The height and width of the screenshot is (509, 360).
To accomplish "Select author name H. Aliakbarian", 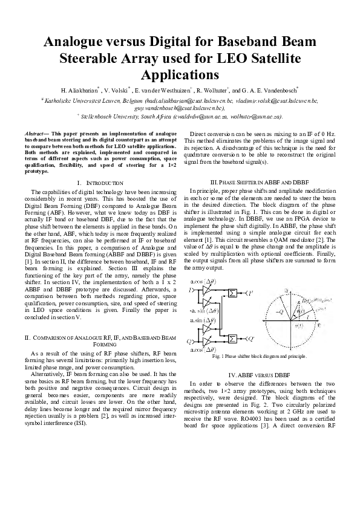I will coord(82,90).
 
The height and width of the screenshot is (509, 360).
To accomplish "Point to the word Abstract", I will coord(36,132).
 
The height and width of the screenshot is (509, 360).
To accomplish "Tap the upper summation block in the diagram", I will coord(232,293).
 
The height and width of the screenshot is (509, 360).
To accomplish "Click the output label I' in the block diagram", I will coord(249,293).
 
